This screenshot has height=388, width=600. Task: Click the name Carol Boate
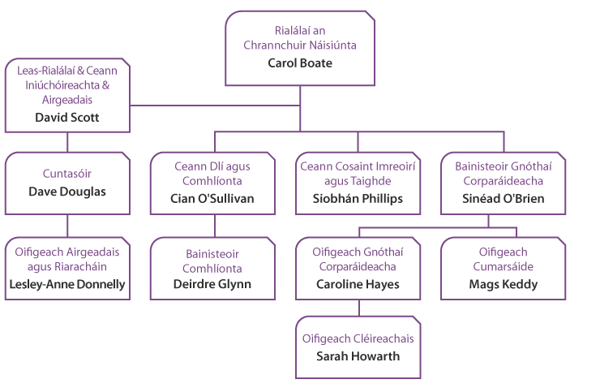tap(300, 62)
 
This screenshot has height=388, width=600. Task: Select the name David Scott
tap(67, 117)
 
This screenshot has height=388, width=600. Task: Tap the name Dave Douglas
tap(66, 192)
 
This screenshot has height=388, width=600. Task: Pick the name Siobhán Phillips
tap(357, 197)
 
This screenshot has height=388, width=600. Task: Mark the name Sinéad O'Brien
tap(504, 197)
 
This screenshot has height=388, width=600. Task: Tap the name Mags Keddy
tap(504, 284)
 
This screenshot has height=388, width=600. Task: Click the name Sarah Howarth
tap(357, 356)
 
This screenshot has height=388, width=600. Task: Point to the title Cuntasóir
tap(66, 173)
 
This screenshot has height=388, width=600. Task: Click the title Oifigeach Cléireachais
tap(357, 338)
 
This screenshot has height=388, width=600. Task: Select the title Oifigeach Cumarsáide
tap(504, 259)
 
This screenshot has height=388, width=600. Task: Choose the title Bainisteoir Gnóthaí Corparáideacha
tap(504, 173)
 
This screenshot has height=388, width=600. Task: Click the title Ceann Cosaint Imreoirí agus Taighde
tap(357, 173)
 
